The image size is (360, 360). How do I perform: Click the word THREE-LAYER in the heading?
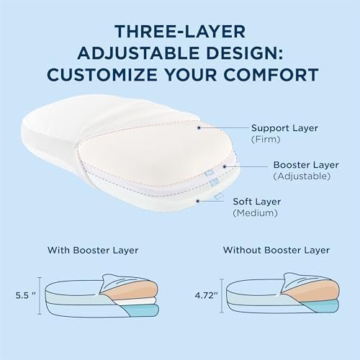180,32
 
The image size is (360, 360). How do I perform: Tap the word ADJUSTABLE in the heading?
138,53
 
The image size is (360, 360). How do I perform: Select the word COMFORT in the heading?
271,75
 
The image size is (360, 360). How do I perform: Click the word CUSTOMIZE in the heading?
102,75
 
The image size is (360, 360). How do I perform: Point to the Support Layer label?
284,128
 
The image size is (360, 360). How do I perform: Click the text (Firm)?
266,140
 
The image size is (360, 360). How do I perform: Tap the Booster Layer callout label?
306,165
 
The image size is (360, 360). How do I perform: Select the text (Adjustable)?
302,176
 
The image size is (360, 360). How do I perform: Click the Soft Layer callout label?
257,202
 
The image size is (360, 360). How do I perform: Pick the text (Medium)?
255,213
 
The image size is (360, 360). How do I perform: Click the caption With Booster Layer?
93,251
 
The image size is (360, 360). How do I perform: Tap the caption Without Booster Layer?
276,250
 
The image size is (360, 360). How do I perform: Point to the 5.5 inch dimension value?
25,295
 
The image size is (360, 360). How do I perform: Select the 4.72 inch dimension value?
206,295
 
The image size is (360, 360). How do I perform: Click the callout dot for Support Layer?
199,128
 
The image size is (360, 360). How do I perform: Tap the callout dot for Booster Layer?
225,166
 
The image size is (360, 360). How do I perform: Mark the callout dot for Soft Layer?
198,201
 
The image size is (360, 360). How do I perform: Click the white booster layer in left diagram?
139,302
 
